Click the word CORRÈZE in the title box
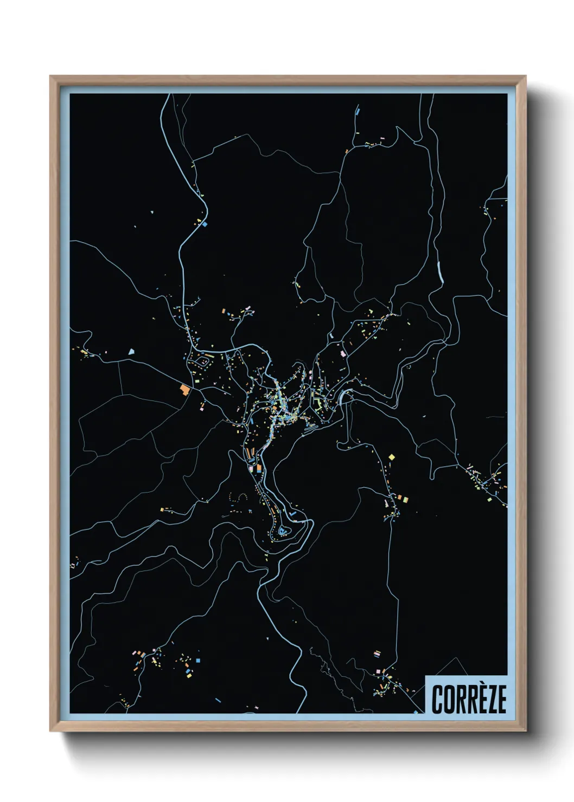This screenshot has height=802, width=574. [469, 699]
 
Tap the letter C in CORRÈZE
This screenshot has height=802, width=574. [437, 700]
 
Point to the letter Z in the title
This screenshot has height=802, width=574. [489, 700]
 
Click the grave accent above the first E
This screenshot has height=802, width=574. [478, 684]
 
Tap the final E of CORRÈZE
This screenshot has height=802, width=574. [501, 700]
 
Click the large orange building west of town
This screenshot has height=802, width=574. [186, 389]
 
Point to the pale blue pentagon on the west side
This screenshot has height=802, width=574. [131, 352]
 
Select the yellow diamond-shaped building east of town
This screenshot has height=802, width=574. [392, 457]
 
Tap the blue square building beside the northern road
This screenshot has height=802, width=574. [205, 223]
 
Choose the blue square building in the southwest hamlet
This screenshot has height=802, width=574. [198, 661]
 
